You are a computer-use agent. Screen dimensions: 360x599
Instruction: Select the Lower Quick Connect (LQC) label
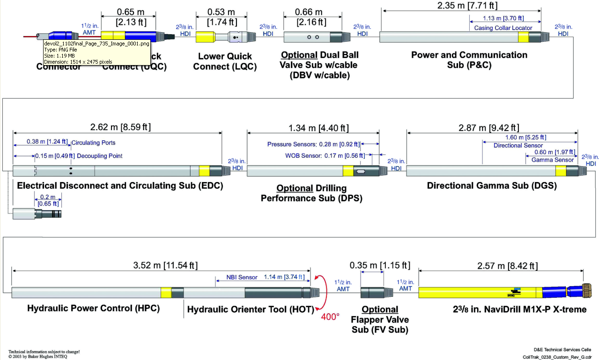[225, 61]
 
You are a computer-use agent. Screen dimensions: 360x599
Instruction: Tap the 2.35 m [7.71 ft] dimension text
[461, 6]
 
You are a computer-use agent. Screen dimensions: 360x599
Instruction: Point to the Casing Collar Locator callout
[503, 28]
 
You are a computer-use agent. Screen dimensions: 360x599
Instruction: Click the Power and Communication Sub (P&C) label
[469, 60]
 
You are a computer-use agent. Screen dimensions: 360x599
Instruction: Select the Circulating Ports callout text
[94, 142]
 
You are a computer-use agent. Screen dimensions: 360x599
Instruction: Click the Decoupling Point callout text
[99, 156]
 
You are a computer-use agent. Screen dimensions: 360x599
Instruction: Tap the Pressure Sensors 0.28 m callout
[313, 144]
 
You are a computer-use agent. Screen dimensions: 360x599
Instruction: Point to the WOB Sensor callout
[323, 156]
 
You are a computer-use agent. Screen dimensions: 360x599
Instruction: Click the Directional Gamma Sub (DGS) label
[491, 186]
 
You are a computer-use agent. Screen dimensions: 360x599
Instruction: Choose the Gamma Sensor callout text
[552, 160]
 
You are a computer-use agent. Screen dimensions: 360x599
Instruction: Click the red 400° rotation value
[330, 317]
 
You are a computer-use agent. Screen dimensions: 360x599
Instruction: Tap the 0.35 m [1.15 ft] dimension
[380, 265]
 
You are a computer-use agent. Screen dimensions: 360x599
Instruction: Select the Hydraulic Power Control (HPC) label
[93, 309]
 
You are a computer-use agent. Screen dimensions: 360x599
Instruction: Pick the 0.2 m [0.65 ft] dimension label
[48, 200]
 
